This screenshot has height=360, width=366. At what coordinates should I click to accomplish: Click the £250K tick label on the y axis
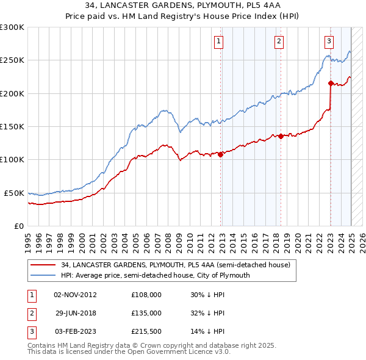pyautogui.click(x=12, y=60)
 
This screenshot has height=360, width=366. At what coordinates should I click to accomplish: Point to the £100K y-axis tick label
pyautogui.click(x=12, y=159)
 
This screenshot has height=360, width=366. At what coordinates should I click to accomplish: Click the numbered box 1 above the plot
pyautogui.click(x=218, y=41)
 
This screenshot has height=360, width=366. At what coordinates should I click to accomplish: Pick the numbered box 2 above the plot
pyautogui.click(x=278, y=41)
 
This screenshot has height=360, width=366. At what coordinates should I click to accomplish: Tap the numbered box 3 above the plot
pyautogui.click(x=329, y=41)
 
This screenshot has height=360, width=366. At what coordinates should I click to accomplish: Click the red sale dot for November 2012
pyautogui.click(x=221, y=154)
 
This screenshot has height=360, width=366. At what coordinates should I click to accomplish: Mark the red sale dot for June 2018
pyautogui.click(x=281, y=136)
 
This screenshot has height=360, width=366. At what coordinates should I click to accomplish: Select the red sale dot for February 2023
pyautogui.click(x=331, y=84)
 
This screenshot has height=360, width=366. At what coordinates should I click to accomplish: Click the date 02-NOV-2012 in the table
pyautogui.click(x=75, y=294)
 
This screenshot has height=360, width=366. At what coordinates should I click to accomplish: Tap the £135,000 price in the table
pyautogui.click(x=146, y=313)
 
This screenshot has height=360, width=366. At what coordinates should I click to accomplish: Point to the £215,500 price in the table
pyautogui.click(x=146, y=332)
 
